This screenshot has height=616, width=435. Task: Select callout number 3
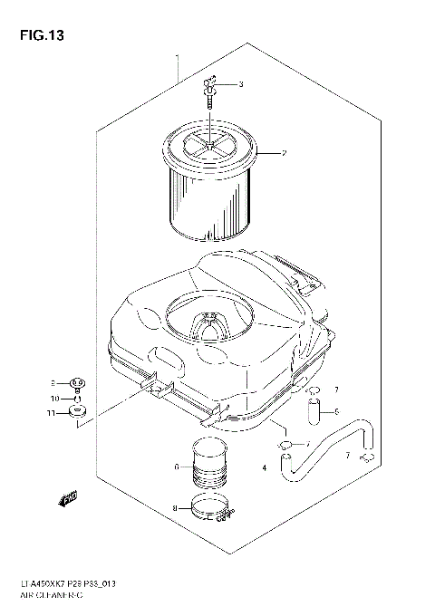click(x=241, y=85)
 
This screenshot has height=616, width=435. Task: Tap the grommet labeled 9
click(x=78, y=382)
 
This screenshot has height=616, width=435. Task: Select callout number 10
click(x=54, y=399)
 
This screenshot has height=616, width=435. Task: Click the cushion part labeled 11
click(x=79, y=415)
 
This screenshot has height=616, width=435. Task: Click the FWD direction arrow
click(x=67, y=495)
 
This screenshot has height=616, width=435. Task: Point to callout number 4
click(x=264, y=468)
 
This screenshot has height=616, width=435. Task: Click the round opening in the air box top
click(x=208, y=322)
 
